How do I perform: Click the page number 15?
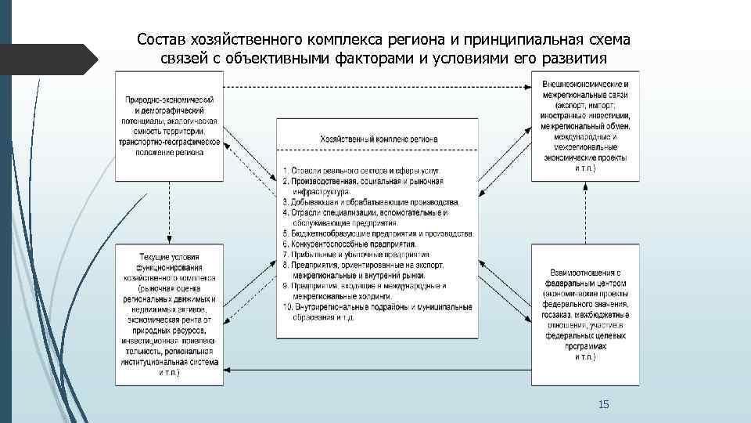click(603, 404)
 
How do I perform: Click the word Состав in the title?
click(161, 40)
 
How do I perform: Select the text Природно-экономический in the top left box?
click(168, 100)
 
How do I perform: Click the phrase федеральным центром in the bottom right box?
click(586, 283)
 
